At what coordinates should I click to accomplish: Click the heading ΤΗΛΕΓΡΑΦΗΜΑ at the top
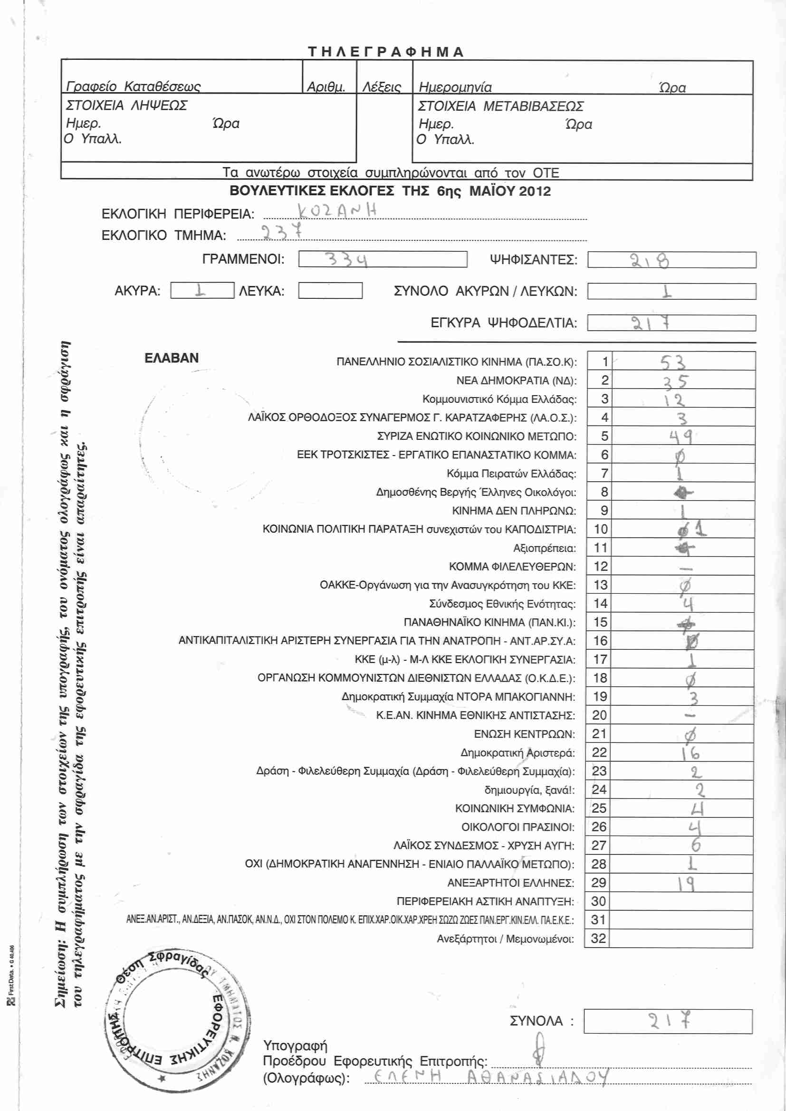tap(386, 52)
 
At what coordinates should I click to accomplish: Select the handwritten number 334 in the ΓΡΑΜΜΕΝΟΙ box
tap(346, 259)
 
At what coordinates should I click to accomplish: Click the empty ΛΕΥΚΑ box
tap(330, 291)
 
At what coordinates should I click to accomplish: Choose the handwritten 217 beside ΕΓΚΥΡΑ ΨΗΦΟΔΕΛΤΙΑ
tap(651, 323)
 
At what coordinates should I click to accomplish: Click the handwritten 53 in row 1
tap(673, 362)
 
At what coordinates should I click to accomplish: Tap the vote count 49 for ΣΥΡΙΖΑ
tap(681, 437)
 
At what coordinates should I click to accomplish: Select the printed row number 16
tap(600, 641)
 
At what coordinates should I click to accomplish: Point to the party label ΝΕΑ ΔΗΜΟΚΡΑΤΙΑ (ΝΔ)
tap(517, 381)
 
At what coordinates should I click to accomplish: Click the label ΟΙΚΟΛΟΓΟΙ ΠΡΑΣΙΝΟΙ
tap(518, 827)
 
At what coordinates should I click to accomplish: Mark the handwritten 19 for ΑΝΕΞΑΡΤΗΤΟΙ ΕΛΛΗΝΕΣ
tap(686, 883)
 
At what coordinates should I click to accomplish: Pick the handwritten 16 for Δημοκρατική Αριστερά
tap(690, 753)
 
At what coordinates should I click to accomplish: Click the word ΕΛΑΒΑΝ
tap(172, 358)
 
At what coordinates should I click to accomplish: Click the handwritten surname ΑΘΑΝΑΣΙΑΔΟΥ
tap(537, 1077)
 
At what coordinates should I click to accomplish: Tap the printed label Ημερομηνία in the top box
tap(455, 87)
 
